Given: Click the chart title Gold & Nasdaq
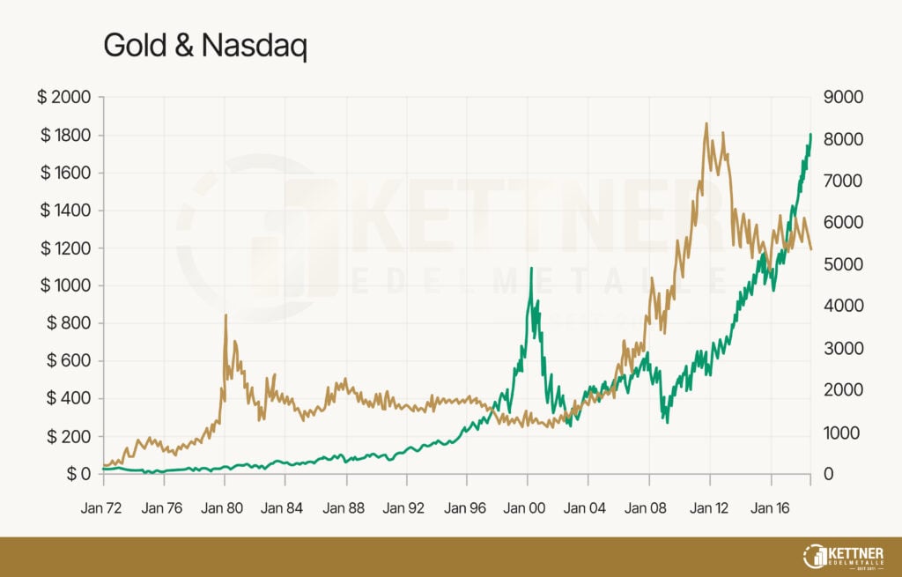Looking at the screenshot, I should tap(205, 47).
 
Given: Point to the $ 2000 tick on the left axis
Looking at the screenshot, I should tap(63, 97).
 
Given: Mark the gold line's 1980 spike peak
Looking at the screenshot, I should tap(225, 315).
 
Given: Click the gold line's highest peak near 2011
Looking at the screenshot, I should tap(706, 123).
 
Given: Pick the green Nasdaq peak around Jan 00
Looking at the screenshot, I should tap(531, 268).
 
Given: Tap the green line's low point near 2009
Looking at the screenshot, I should tap(668, 422).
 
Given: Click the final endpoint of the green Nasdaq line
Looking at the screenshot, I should tap(810, 135).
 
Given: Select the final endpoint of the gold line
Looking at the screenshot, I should tap(811, 249).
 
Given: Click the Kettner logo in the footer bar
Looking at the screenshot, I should tap(845, 557).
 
